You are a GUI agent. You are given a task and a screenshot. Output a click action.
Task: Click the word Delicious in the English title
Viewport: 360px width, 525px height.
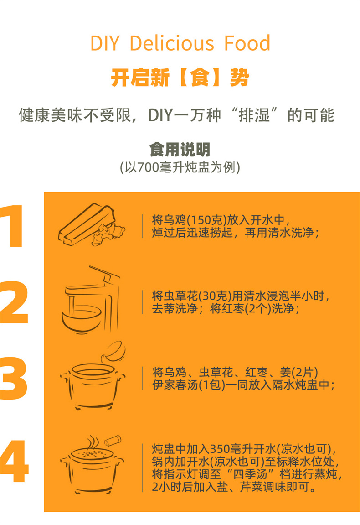point(172,43)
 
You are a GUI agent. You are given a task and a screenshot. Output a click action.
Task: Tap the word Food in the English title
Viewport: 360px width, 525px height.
point(247,43)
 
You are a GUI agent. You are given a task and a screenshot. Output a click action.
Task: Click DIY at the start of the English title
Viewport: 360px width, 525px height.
point(105,43)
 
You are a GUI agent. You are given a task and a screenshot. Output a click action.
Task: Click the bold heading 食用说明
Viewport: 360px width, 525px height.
point(180,149)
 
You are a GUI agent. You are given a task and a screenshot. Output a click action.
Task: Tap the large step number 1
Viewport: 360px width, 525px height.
point(13,226)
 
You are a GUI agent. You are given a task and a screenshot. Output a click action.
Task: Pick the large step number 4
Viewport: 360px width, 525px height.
point(14,461)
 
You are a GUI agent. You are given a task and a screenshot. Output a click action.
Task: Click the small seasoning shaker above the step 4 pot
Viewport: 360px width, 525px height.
point(113,441)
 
